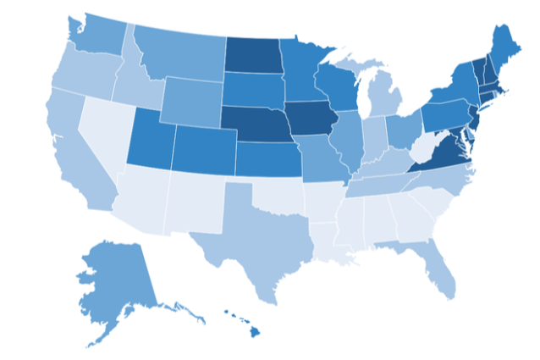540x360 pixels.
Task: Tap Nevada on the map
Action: [107, 136]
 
